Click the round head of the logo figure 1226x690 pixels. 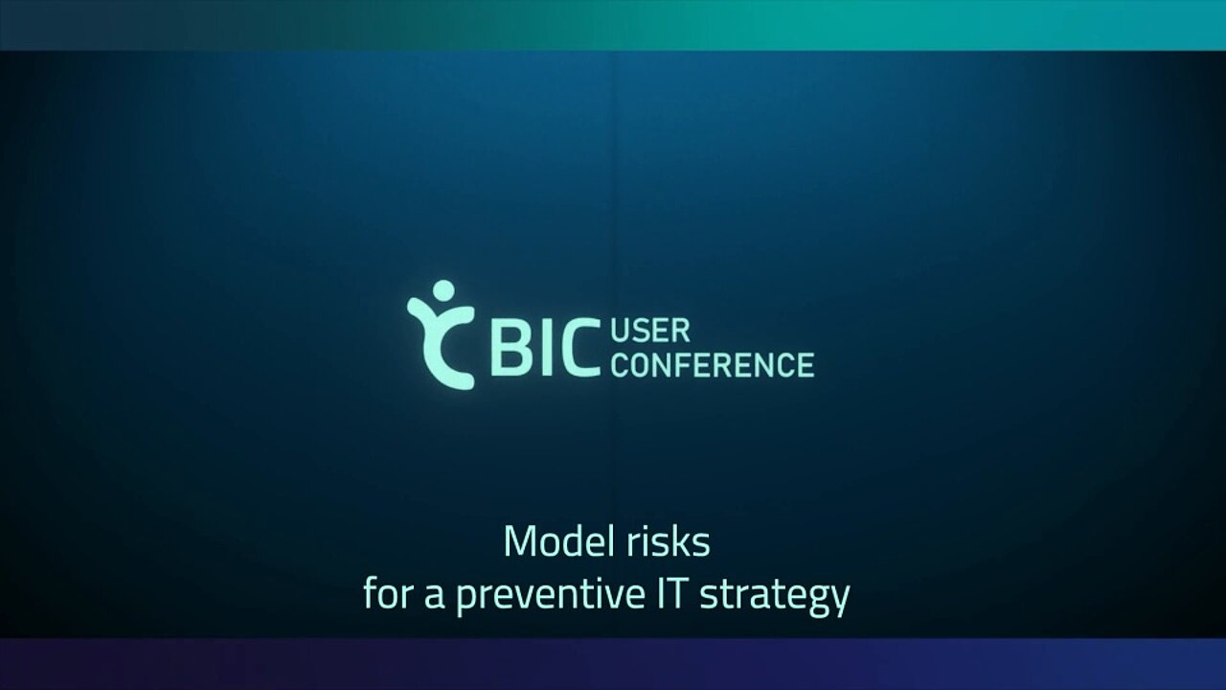click(x=443, y=291)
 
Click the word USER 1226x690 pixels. click(x=650, y=332)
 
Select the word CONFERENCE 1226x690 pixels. click(x=713, y=365)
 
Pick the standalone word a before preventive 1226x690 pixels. click(x=434, y=598)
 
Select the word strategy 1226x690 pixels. click(x=775, y=598)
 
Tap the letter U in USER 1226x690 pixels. click(x=620, y=332)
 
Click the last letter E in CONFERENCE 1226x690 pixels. click(x=806, y=365)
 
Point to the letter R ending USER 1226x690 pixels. click(x=681, y=332)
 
